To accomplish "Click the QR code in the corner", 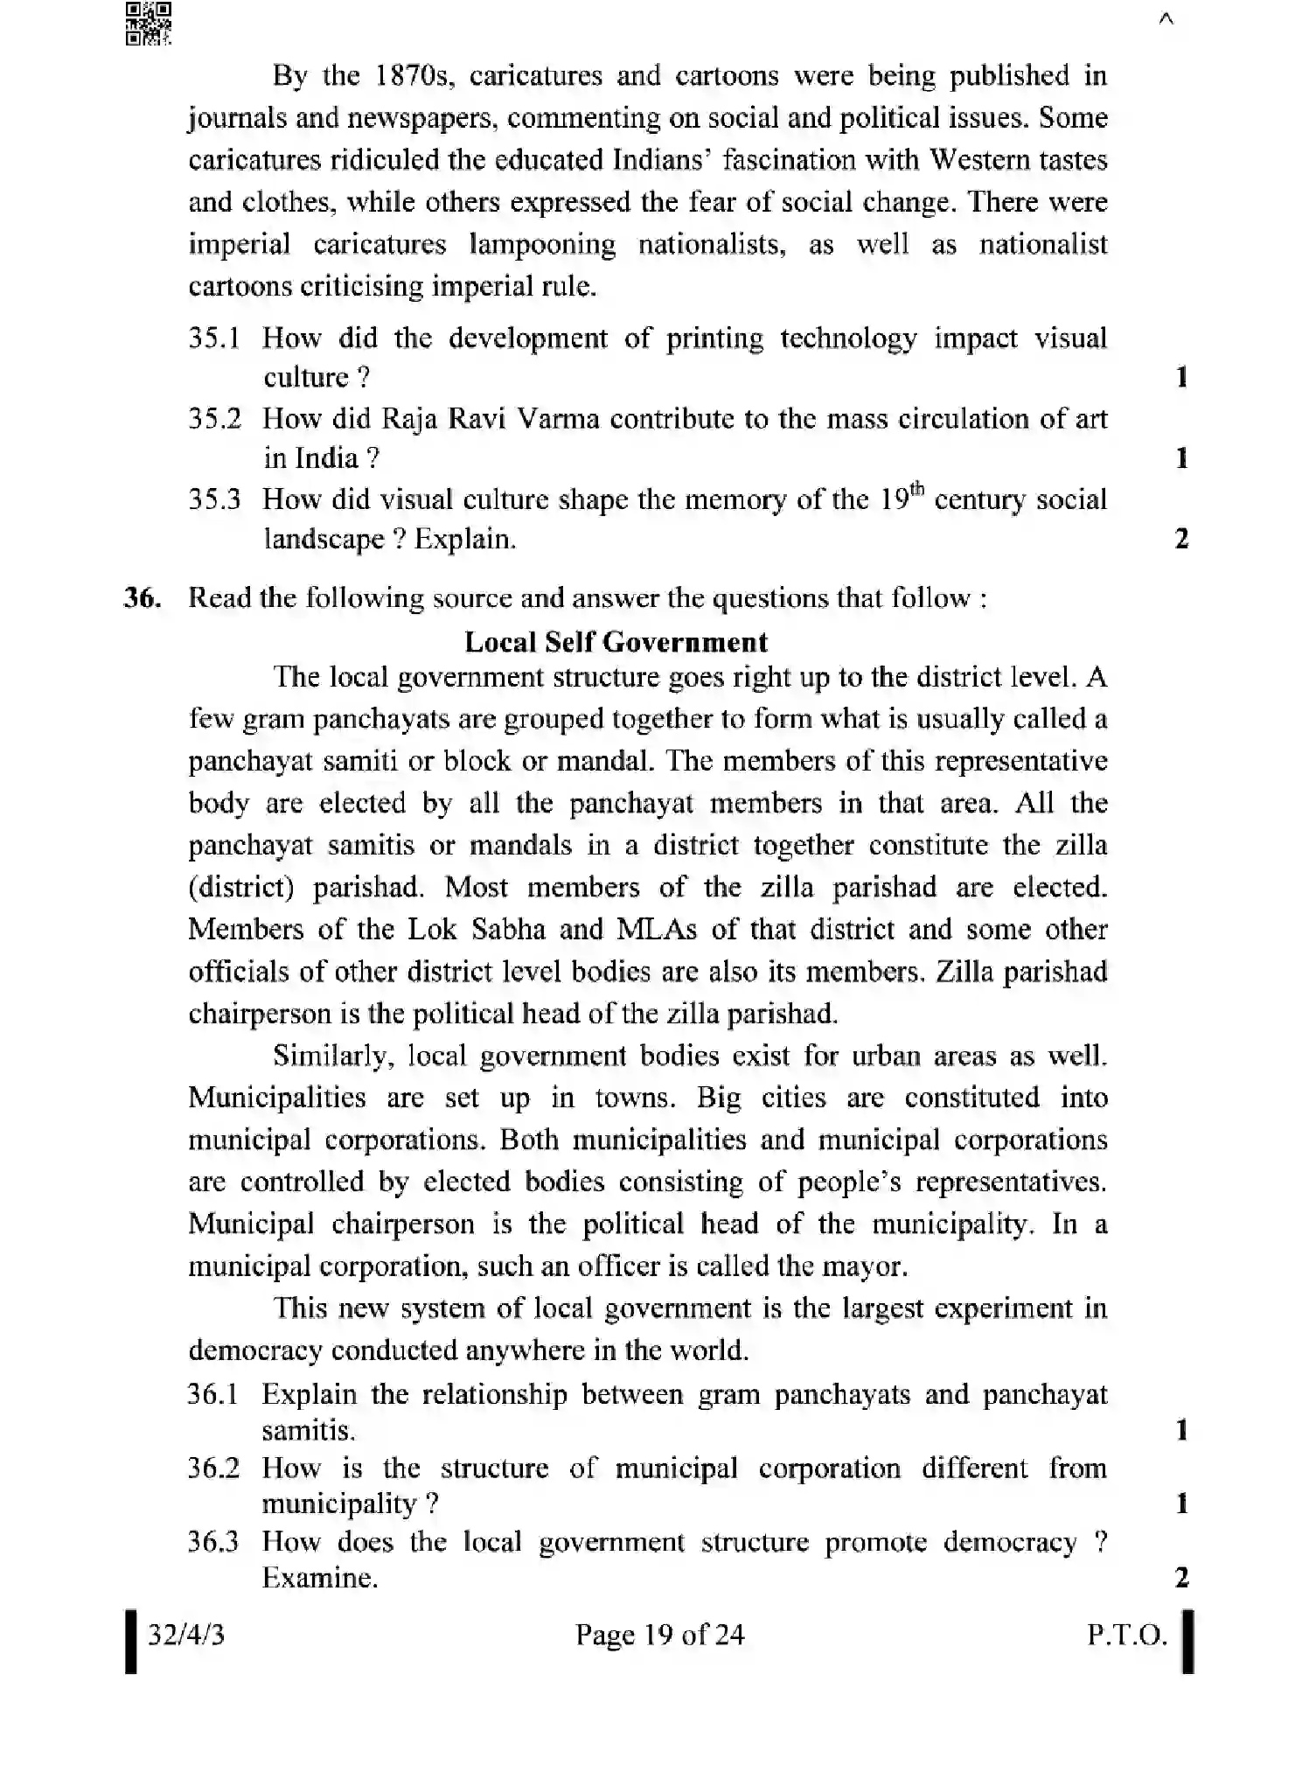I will pos(148,23).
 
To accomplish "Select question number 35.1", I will pos(214,338).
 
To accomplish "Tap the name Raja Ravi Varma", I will pos(491,419).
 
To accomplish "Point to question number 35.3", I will pos(214,500).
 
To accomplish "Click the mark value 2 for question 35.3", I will pos(1181,539).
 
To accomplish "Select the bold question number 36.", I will pos(143,598).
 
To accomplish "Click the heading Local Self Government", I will pos(616,642).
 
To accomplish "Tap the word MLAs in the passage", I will pos(657,929).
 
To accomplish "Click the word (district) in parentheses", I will pos(240,887).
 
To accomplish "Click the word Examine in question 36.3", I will pos(319,1578).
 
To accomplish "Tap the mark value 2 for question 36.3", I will pos(1181,1578).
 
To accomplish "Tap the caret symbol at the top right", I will pos(1165,19).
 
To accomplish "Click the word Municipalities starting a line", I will pos(276,1098).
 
